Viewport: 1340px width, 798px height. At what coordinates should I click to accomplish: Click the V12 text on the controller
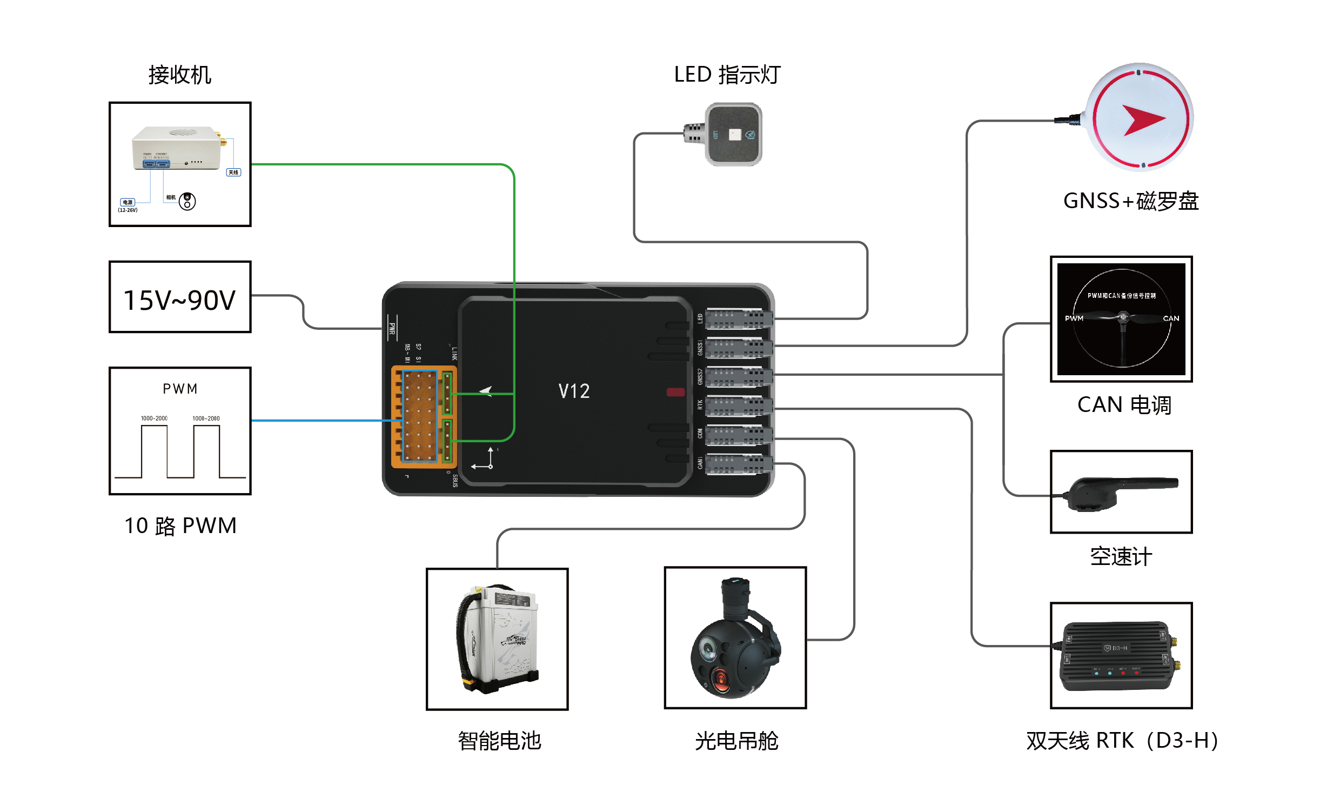(x=574, y=391)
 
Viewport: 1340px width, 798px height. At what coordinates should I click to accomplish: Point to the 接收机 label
(x=179, y=75)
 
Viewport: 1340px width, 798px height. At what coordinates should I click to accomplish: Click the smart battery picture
(x=497, y=639)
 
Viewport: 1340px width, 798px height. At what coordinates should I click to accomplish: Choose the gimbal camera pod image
(x=735, y=638)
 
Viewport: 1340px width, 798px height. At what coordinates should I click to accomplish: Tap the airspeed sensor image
(x=1121, y=493)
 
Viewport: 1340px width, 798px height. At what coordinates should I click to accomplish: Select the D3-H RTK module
(x=1121, y=655)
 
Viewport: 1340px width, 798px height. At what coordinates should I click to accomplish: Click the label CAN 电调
(x=1124, y=405)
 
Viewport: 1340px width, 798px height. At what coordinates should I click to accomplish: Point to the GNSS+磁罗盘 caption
(x=1130, y=201)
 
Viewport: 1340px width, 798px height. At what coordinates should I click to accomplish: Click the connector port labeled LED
(x=738, y=319)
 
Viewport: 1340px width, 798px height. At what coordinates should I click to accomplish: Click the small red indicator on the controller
(x=675, y=392)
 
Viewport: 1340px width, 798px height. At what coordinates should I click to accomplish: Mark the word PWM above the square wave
(x=180, y=389)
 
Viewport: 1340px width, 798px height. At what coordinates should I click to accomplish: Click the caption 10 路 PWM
(x=180, y=526)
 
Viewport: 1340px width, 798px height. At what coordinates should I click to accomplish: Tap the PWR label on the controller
(x=392, y=328)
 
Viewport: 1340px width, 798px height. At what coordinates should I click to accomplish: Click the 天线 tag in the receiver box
(x=233, y=172)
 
